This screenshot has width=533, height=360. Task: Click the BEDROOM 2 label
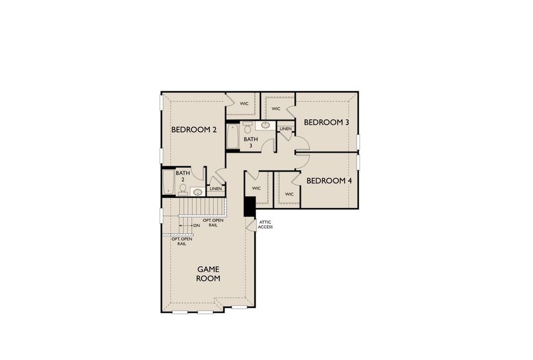click(x=194, y=130)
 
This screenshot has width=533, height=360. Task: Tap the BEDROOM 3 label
click(x=327, y=122)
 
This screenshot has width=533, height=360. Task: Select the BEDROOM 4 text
click(x=329, y=181)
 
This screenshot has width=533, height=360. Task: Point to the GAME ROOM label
click(x=208, y=274)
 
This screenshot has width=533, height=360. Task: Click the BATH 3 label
click(x=250, y=143)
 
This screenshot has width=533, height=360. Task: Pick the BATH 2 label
click(x=183, y=176)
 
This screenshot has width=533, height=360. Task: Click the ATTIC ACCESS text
click(x=265, y=224)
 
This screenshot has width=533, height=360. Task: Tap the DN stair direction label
click(x=196, y=226)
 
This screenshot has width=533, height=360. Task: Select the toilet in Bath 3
click(x=247, y=129)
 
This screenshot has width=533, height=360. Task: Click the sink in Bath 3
click(x=265, y=125)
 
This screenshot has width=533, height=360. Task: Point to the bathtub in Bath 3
click(x=233, y=137)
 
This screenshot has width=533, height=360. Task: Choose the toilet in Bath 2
click(x=182, y=189)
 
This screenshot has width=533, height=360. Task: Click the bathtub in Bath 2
click(x=168, y=182)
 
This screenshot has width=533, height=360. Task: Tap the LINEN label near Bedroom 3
click(x=286, y=129)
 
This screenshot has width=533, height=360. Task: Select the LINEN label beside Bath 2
click(x=215, y=189)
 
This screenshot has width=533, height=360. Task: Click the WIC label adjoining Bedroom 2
click(x=244, y=104)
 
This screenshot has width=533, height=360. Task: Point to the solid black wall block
click(x=250, y=207)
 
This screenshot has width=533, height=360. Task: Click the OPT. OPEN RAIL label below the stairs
click(x=182, y=241)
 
